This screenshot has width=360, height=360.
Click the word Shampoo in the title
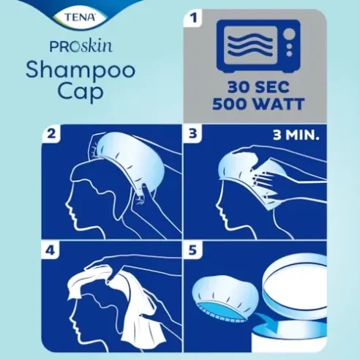click(x=68, y=71)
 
